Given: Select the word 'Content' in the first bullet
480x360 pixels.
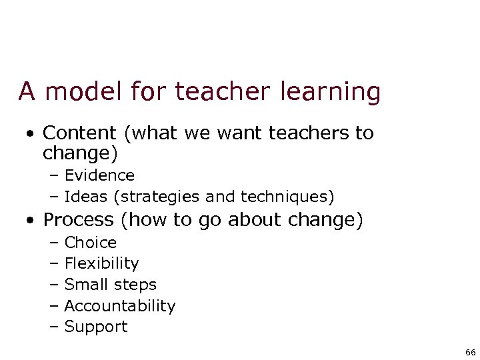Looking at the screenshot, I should click(83, 133).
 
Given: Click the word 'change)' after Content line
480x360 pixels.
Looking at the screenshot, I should click(80, 153).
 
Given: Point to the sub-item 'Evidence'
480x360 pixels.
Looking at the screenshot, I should click(99, 175).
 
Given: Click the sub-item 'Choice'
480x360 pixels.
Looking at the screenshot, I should click(90, 243).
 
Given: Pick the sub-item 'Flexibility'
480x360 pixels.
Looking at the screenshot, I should click(101, 263).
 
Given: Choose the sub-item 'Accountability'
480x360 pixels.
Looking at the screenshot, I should click(119, 306).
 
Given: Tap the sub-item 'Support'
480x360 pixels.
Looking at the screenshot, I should click(95, 327).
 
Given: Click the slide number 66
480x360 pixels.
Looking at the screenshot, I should click(470, 352).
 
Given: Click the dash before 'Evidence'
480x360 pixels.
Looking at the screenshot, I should click(54, 176).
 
